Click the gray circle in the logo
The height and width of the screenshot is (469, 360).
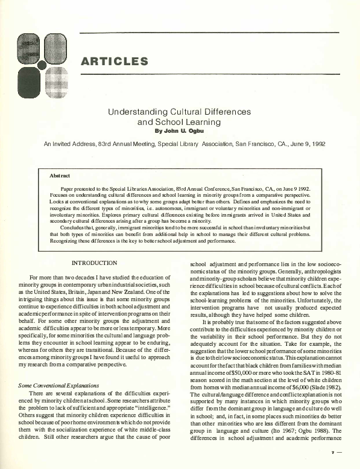coord(42,62)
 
